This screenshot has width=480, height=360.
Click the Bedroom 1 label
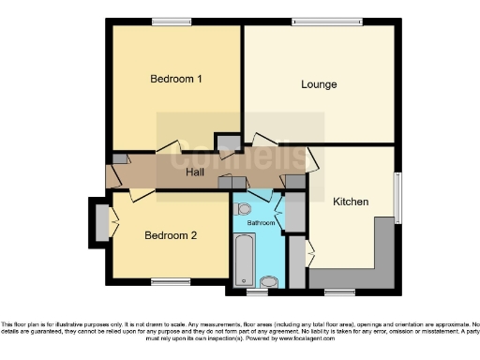click(x=176, y=80)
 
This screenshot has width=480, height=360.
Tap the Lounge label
click(x=319, y=84)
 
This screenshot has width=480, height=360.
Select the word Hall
click(x=195, y=173)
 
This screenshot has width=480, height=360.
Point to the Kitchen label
click(x=351, y=202)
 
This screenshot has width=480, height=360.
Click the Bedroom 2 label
click(x=170, y=235)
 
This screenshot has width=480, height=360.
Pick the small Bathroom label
click(x=261, y=223)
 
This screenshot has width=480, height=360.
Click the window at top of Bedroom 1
click(x=171, y=22)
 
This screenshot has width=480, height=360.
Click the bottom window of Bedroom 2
click(x=171, y=280)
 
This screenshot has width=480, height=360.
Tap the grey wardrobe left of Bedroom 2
click(x=100, y=223)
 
